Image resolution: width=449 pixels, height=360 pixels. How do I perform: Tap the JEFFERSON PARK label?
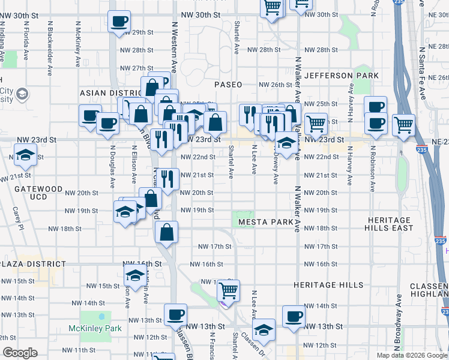pyautogui.click(x=342, y=76)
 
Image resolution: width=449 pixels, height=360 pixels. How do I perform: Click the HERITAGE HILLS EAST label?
pyautogui.click(x=390, y=224)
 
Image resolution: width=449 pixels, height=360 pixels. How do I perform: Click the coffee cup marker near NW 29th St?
pyautogui.click(x=118, y=23)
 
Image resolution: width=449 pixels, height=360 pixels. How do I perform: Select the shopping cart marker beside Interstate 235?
pyautogui.click(x=403, y=125)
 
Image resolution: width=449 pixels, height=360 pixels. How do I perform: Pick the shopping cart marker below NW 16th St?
pyautogui.click(x=228, y=290)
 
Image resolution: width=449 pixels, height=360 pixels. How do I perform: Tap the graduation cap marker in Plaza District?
pyautogui.click(x=134, y=276)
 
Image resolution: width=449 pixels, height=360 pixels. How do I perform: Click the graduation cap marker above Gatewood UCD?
pyautogui.click(x=25, y=155)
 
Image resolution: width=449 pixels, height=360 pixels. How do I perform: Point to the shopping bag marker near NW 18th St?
pyautogui.click(x=166, y=232)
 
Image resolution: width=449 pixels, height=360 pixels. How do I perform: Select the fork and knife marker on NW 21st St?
pyautogui.click(x=167, y=178)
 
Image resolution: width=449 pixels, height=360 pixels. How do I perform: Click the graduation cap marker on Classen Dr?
pyautogui.click(x=263, y=329)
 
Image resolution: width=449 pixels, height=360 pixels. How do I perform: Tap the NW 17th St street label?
pyautogui.click(x=215, y=247)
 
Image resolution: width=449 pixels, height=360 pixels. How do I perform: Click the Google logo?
pyautogui.click(x=20, y=353)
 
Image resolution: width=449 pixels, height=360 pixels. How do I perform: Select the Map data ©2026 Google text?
pyautogui.click(x=412, y=355)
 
